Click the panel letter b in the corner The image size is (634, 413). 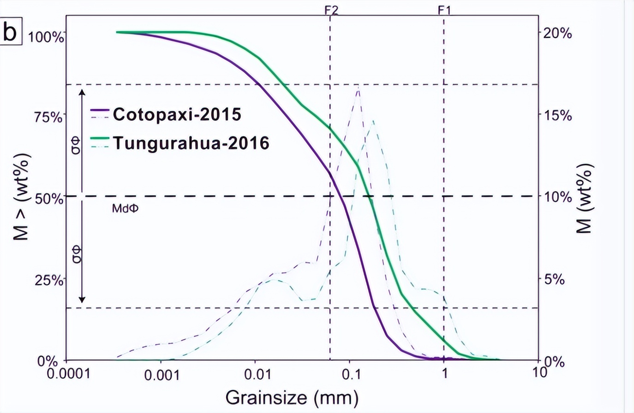(x=11, y=32)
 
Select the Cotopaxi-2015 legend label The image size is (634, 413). (x=177, y=114)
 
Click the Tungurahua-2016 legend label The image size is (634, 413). (x=191, y=143)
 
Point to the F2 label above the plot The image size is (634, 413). (x=331, y=9)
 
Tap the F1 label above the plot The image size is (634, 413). (x=444, y=9)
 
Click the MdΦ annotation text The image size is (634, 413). (x=125, y=209)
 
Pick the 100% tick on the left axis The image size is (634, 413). (x=46, y=37)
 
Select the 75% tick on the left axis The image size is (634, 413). (x=48, y=117)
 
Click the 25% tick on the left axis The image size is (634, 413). (x=48, y=280)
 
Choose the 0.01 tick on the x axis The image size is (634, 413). (x=257, y=374)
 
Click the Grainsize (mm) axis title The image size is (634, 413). (x=292, y=397)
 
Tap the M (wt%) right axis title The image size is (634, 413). (x=585, y=198)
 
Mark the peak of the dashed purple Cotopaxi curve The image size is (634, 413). (x=358, y=88)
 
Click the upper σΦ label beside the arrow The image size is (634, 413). (x=76, y=145)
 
